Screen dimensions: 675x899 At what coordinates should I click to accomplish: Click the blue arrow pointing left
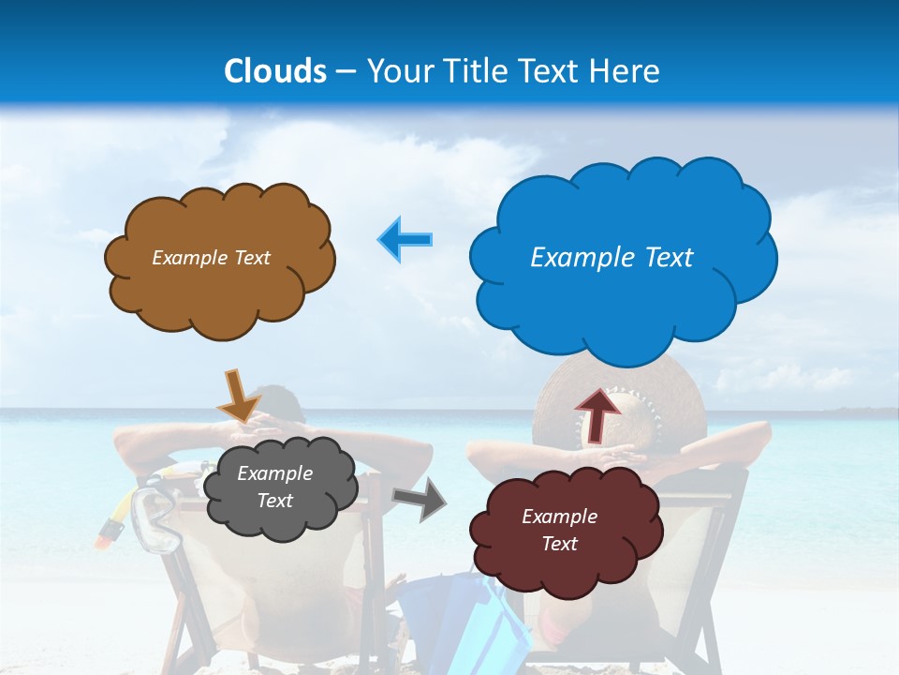click(405, 239)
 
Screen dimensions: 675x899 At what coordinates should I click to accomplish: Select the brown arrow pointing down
click(238, 396)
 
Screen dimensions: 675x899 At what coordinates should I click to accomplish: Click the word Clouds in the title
click(274, 71)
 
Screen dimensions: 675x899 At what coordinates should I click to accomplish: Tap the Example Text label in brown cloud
click(211, 258)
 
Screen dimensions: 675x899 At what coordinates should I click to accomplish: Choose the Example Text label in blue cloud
click(612, 258)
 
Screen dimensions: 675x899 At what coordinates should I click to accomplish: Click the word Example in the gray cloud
click(274, 473)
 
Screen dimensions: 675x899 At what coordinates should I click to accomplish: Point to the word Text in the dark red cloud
click(559, 544)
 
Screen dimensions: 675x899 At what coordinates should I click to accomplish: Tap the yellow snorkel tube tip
click(110, 532)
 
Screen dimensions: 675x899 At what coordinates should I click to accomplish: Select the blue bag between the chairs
click(449, 614)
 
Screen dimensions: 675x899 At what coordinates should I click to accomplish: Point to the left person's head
click(281, 403)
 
